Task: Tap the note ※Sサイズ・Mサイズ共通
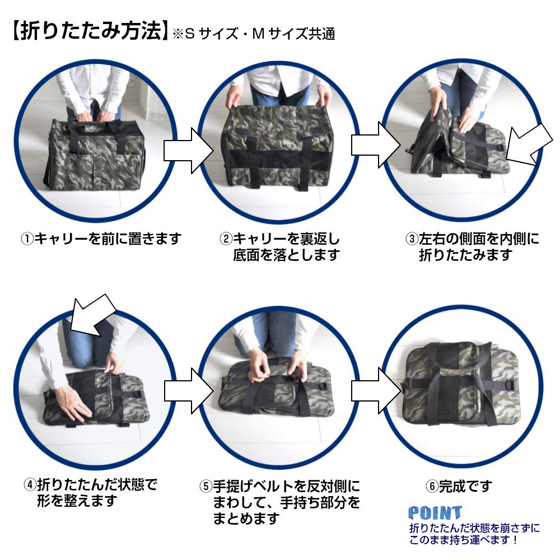[253, 34]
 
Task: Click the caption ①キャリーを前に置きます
[101, 239]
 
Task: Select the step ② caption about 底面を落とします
[280, 247]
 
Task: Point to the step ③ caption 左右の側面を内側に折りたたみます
[472, 247]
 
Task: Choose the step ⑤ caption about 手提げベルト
[280, 501]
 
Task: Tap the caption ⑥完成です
[459, 486]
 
